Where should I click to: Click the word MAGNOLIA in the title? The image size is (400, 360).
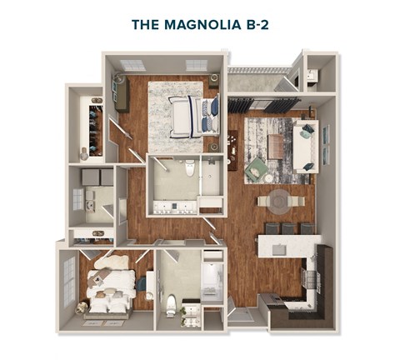(203, 25)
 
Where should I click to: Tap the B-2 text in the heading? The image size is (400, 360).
(257, 25)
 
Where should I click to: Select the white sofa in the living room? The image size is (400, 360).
(306, 147)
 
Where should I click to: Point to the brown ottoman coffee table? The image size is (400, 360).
(276, 147)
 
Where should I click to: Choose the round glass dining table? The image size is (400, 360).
(280, 202)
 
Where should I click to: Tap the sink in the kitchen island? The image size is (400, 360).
(279, 249)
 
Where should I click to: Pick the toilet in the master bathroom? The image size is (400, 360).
(190, 167)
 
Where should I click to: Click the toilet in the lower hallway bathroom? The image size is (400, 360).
(171, 306)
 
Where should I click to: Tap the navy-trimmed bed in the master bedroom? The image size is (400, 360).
(194, 117)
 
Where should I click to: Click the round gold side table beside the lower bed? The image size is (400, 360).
(82, 308)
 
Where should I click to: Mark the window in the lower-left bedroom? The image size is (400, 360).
(69, 281)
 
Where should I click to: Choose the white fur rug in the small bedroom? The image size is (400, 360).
(112, 262)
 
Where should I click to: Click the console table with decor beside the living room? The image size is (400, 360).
(232, 150)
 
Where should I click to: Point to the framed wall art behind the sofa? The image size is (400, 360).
(326, 145)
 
